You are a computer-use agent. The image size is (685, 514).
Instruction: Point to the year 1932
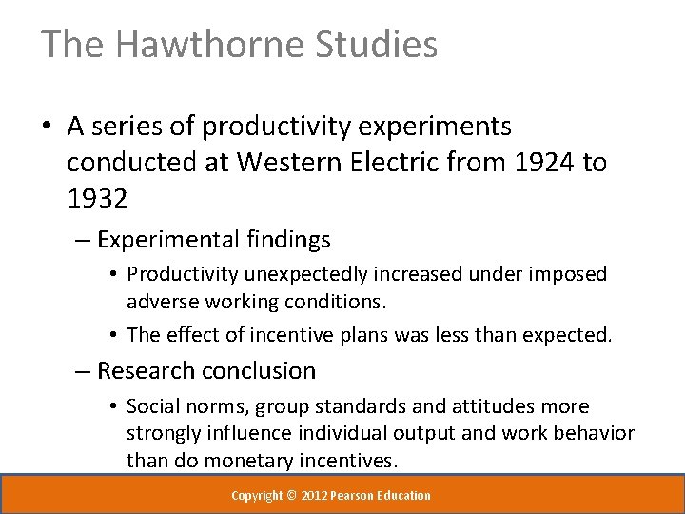pyautogui.click(x=96, y=198)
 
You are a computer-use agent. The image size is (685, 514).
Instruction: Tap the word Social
pyautogui.click(x=154, y=406)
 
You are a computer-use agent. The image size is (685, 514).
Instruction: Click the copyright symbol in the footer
pyautogui.click(x=291, y=496)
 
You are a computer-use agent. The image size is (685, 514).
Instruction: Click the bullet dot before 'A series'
pyautogui.click(x=48, y=128)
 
